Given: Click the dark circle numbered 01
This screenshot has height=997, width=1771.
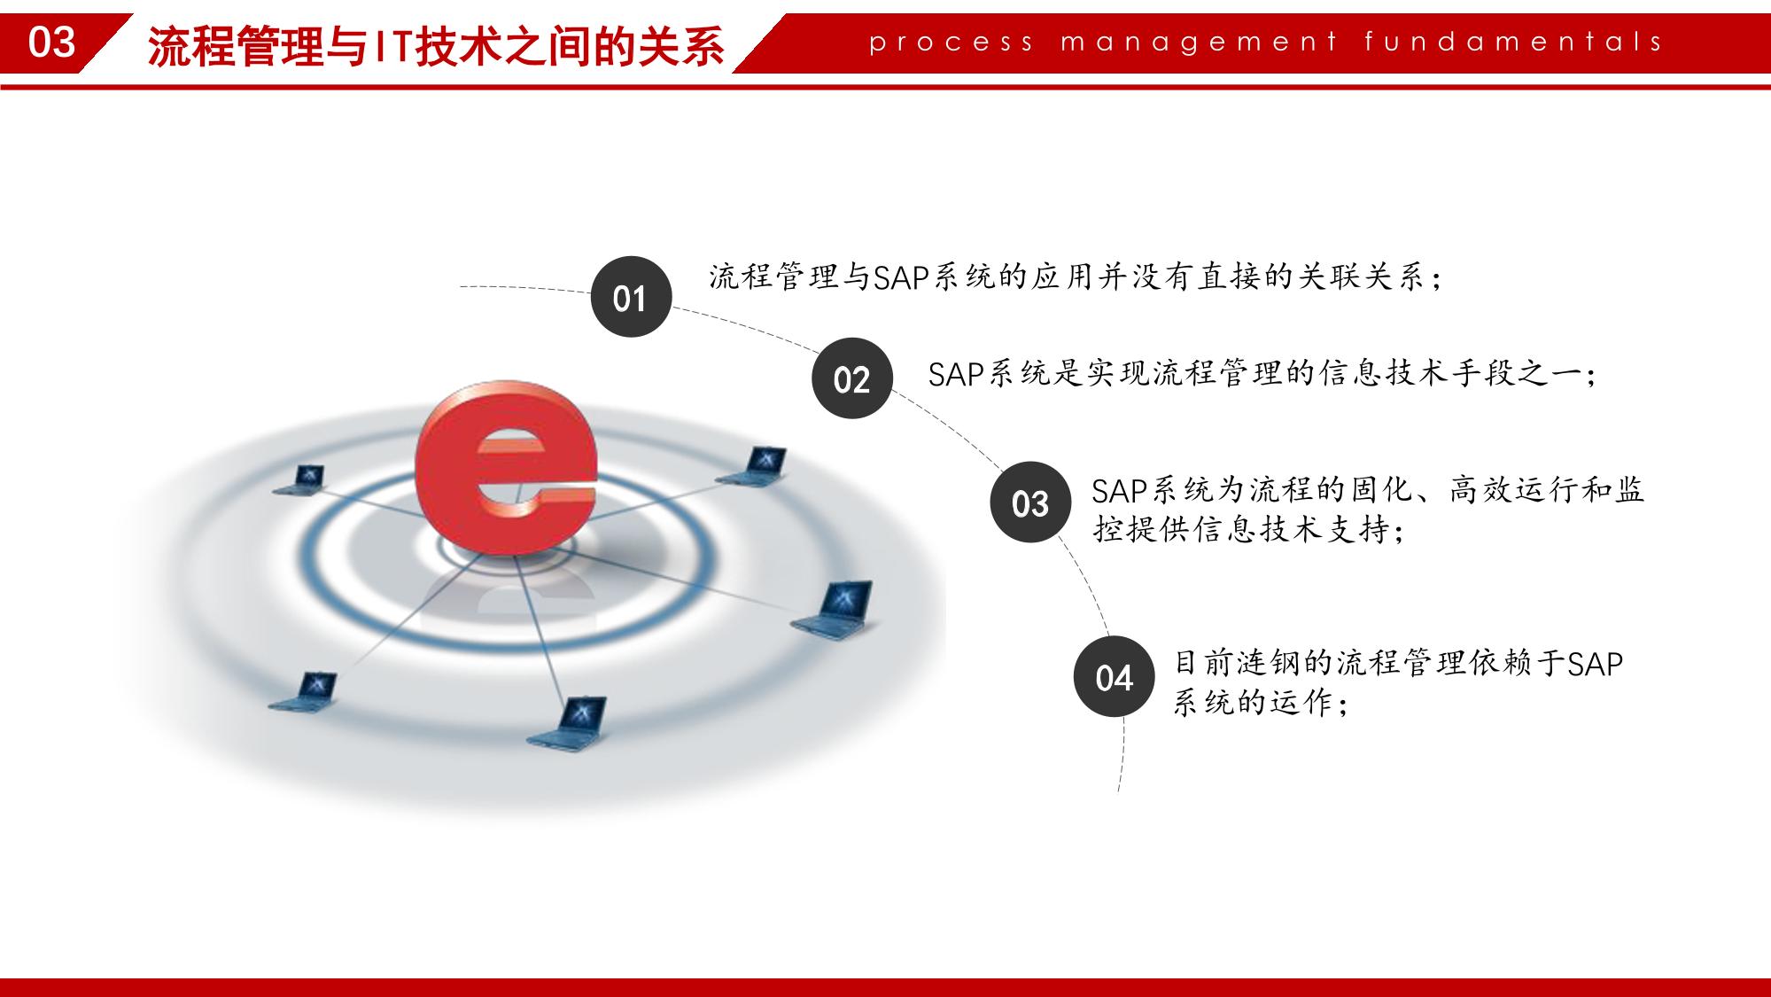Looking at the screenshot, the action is pos(631,297).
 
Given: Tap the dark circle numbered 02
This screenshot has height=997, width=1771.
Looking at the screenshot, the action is pos(852,378).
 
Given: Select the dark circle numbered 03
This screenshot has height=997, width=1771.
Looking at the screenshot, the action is pos(1030,502).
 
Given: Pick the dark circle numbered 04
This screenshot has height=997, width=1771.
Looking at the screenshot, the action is pos(1115,677).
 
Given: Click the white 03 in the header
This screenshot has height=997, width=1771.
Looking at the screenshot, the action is pos(52,43).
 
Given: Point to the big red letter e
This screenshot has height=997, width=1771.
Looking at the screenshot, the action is pos(507,468).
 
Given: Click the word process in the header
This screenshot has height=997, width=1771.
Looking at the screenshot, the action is pos(952,43).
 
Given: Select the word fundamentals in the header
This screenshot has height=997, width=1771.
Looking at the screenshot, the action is pos(1514,42).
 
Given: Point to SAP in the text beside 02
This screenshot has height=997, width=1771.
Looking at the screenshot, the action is pos(957,374).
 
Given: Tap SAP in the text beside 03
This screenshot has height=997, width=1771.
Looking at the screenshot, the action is pos(1120,490).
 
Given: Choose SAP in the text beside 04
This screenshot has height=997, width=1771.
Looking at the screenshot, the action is pos(1595,664).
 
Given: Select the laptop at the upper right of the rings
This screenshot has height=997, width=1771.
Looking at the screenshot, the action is pos(753,466).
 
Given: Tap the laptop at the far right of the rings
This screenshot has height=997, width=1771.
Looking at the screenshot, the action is pos(833,608).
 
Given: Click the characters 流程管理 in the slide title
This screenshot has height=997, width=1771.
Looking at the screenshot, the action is pos(236,46).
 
